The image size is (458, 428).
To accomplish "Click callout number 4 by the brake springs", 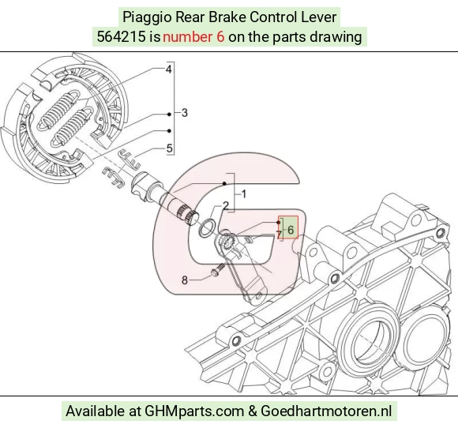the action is (x=168, y=69).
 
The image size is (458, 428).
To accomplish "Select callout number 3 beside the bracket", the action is (x=184, y=113).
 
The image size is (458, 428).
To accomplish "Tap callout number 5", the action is (x=170, y=148).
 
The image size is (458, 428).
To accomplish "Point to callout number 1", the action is (x=244, y=194).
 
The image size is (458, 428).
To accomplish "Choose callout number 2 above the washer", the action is (x=226, y=205).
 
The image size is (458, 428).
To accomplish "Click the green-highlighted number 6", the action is (x=291, y=230).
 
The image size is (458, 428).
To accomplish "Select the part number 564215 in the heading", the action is (x=121, y=37).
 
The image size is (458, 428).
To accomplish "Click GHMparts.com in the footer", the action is (x=194, y=411).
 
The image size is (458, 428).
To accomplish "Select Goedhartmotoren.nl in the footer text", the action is (x=326, y=411).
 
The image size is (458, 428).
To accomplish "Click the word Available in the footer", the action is (x=95, y=411).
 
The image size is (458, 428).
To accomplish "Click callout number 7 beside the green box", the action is (x=280, y=234).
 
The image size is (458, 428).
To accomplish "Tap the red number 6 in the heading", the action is (x=220, y=37).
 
